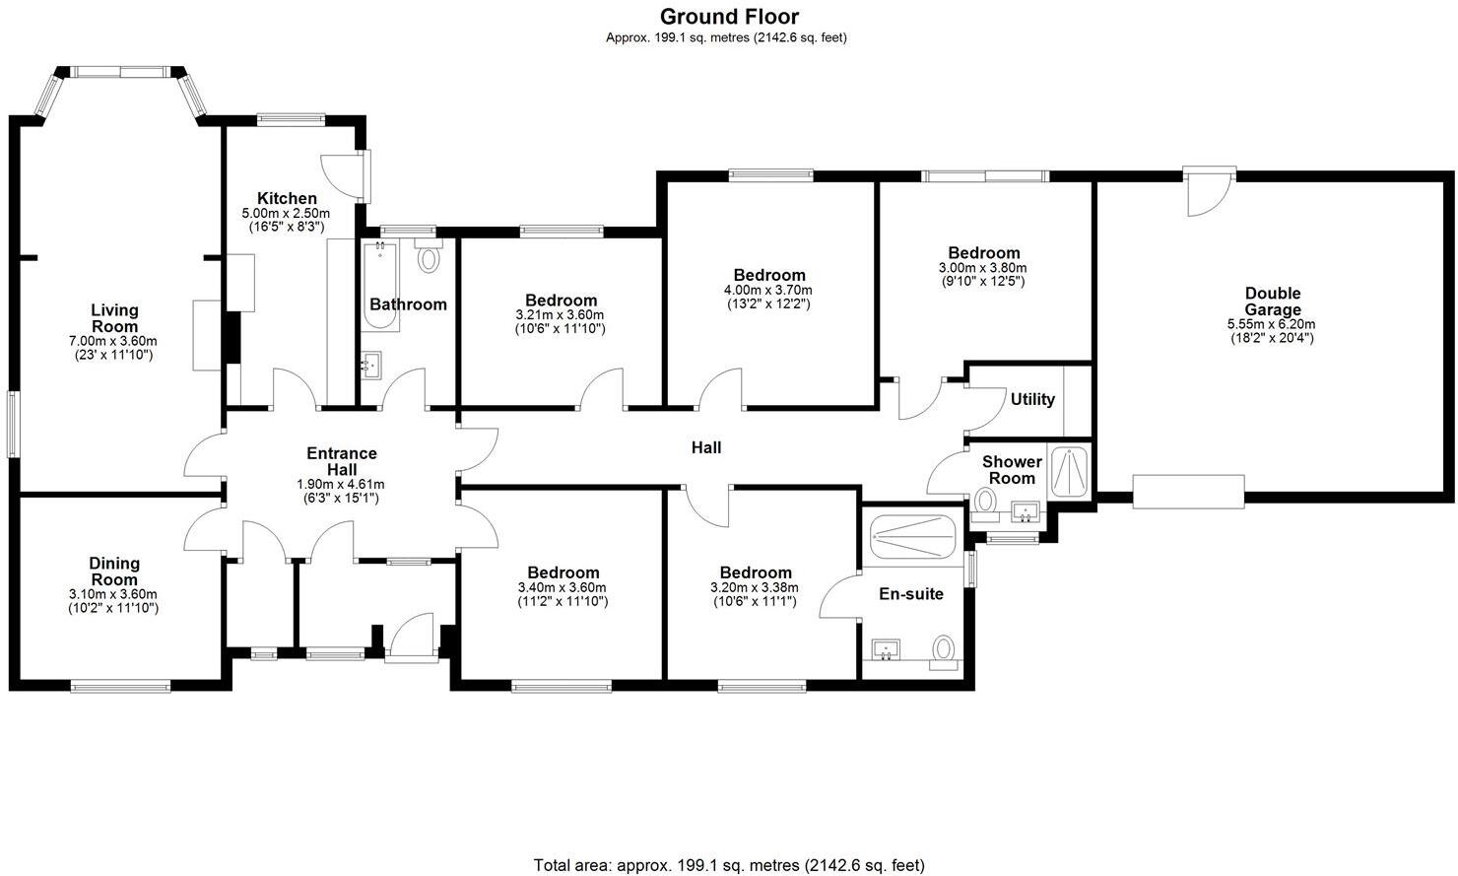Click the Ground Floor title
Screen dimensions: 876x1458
click(728, 17)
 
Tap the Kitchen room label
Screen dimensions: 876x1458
click(287, 198)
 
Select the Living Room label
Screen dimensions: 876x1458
click(114, 318)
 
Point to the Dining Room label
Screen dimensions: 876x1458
click(114, 572)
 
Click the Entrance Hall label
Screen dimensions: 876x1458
click(341, 461)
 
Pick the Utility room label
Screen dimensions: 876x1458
click(1032, 399)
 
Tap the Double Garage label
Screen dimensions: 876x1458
click(1272, 302)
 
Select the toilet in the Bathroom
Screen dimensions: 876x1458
click(429, 258)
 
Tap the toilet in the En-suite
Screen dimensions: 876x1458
click(944, 649)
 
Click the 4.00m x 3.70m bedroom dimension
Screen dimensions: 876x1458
click(768, 291)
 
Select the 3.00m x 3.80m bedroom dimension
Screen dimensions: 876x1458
click(984, 268)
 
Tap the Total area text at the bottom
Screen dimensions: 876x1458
click(728, 865)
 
